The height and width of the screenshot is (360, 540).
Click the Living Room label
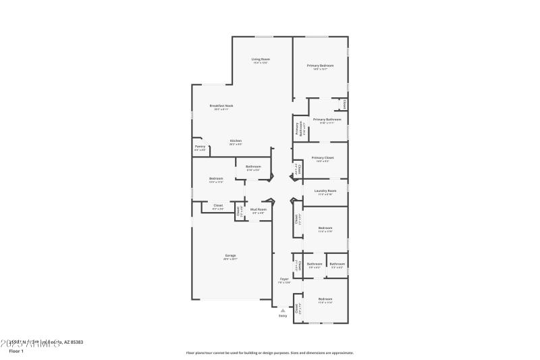point(261,59)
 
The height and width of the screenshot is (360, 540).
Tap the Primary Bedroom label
point(320,66)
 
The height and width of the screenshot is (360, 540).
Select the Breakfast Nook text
point(221,105)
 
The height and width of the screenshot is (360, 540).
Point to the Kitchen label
point(236,140)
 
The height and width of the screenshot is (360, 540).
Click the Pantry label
point(200,147)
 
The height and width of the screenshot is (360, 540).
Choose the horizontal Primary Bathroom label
point(327,120)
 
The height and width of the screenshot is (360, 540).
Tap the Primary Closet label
point(322,157)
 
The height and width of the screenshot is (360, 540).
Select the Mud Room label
point(259,210)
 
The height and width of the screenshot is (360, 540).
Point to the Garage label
point(231,255)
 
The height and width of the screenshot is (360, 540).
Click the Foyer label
point(285,279)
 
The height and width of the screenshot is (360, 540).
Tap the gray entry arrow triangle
point(283,310)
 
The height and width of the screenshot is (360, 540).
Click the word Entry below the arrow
point(283,315)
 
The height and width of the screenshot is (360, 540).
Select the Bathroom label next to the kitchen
point(253,167)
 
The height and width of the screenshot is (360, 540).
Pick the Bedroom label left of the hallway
point(216,178)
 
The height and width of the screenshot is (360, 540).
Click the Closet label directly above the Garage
point(218,205)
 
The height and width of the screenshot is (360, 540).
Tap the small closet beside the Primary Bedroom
point(344,104)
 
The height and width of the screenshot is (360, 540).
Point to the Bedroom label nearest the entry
point(325,299)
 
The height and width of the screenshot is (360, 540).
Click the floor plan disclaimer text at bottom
point(269,353)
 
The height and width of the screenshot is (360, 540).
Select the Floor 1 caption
point(16,351)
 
